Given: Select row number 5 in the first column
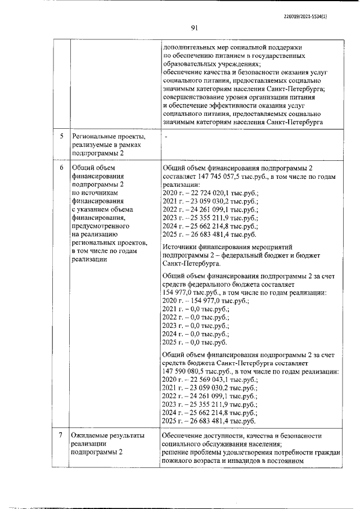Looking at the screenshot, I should (61, 136).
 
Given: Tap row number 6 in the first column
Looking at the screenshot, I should (61, 168).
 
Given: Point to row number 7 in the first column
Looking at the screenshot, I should (61, 435).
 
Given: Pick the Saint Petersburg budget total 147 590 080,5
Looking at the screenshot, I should (186, 372).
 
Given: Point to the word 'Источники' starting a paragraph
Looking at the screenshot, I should (178, 246).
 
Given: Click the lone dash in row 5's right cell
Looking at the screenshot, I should (167, 137).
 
